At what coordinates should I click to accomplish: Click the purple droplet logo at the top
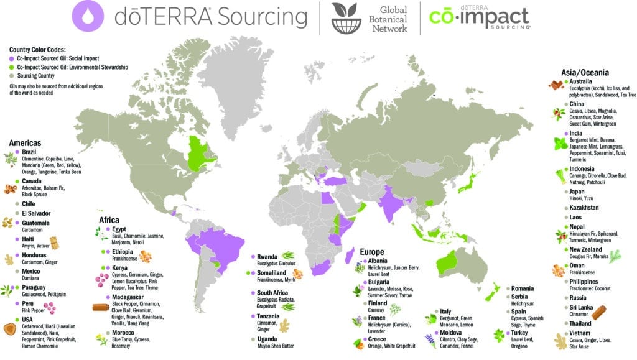tap(88, 17)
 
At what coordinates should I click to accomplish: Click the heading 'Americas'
tap(25, 143)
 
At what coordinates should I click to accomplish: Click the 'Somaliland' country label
tap(274, 274)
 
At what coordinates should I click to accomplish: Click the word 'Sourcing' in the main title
tap(261, 17)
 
